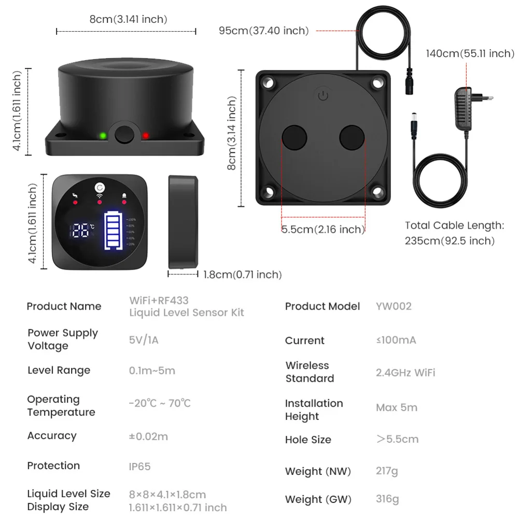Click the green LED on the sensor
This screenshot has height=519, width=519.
(103, 135)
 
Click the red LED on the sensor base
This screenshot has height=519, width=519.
(146, 135)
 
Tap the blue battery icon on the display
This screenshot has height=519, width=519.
(113, 230)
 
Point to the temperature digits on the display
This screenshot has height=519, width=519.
(80, 230)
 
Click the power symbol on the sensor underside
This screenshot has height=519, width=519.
(323, 95)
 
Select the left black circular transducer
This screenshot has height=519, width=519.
(294, 138)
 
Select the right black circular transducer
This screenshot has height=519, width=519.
(352, 138)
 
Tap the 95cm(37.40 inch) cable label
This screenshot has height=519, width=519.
(264, 31)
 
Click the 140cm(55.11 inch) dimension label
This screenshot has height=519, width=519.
(470, 53)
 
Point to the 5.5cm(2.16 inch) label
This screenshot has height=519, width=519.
(322, 229)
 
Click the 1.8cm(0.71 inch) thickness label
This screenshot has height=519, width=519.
(242, 274)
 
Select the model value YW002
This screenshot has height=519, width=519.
(394, 306)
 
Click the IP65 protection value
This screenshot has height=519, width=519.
(139, 466)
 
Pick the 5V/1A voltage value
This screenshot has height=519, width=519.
(144, 340)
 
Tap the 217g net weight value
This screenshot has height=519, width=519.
(387, 471)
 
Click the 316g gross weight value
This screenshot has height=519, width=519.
(387, 499)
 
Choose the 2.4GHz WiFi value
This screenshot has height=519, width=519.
(405, 373)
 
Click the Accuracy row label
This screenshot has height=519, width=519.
(52, 436)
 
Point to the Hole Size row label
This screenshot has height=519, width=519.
(308, 440)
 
